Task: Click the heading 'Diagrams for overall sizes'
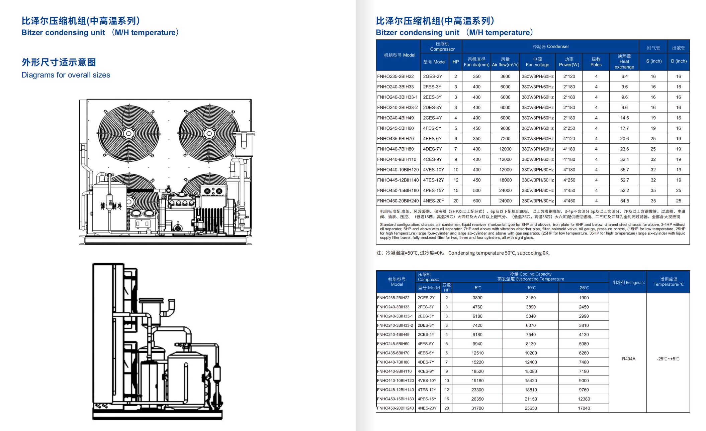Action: [66, 75]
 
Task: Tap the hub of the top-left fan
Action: [129, 134]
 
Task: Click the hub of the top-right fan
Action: [209, 134]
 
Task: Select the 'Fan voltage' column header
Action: [537, 62]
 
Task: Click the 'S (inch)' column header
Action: [654, 61]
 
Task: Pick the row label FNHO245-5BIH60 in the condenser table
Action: [395, 128]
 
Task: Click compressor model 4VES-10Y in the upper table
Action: [434, 170]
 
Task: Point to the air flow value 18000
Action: [505, 180]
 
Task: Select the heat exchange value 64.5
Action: [624, 201]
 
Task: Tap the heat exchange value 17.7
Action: [624, 128]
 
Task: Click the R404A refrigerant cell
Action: [628, 359]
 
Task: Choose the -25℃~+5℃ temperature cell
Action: [668, 359]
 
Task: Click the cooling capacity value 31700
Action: [477, 408]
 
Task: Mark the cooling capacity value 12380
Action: [584, 399]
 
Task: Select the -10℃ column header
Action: [531, 288]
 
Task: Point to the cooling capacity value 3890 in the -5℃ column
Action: [477, 298]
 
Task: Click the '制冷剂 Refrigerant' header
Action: [629, 282]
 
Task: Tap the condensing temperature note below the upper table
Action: [463, 253]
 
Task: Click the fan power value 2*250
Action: [569, 128]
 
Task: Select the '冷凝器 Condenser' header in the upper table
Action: [550, 46]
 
